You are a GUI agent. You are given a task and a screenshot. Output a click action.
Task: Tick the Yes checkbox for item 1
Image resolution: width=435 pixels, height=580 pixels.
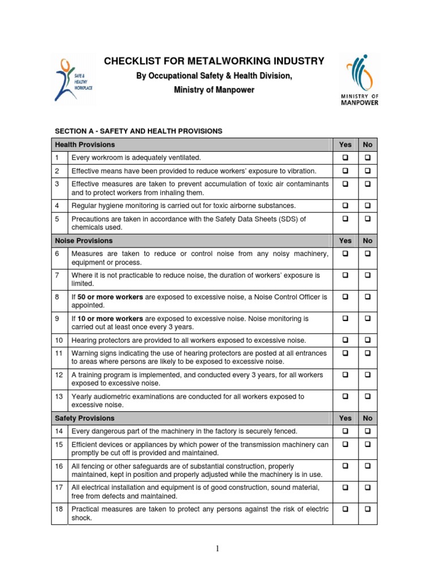[345, 157]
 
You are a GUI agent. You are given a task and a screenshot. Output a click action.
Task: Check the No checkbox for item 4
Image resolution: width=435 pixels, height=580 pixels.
[368, 206]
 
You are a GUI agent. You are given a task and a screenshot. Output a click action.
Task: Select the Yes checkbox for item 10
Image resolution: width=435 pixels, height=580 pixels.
[345, 340]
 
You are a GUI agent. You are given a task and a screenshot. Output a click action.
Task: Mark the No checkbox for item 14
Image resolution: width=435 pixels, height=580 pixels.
[368, 432]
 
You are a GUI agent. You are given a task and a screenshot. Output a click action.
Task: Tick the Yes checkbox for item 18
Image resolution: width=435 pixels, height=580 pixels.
[345, 509]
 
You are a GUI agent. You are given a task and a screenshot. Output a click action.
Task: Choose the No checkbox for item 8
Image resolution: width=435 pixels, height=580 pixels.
[368, 296]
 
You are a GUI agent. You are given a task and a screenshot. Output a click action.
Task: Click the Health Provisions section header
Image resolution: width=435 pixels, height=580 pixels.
[84, 144]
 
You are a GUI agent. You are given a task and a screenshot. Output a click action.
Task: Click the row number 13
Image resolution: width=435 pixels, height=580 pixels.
[59, 397]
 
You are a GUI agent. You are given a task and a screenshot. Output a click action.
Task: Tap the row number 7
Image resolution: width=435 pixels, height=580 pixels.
[57, 275]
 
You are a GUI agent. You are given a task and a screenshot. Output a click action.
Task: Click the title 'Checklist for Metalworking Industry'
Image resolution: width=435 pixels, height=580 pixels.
[214, 61]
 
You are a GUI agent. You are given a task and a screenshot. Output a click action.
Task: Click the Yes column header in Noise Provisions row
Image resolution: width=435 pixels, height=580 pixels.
[345, 241]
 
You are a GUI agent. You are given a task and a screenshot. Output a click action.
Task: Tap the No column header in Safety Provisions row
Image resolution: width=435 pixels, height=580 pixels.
[368, 418]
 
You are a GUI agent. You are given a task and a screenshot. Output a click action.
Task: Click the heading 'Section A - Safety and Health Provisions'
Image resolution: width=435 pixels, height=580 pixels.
[138, 131]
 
